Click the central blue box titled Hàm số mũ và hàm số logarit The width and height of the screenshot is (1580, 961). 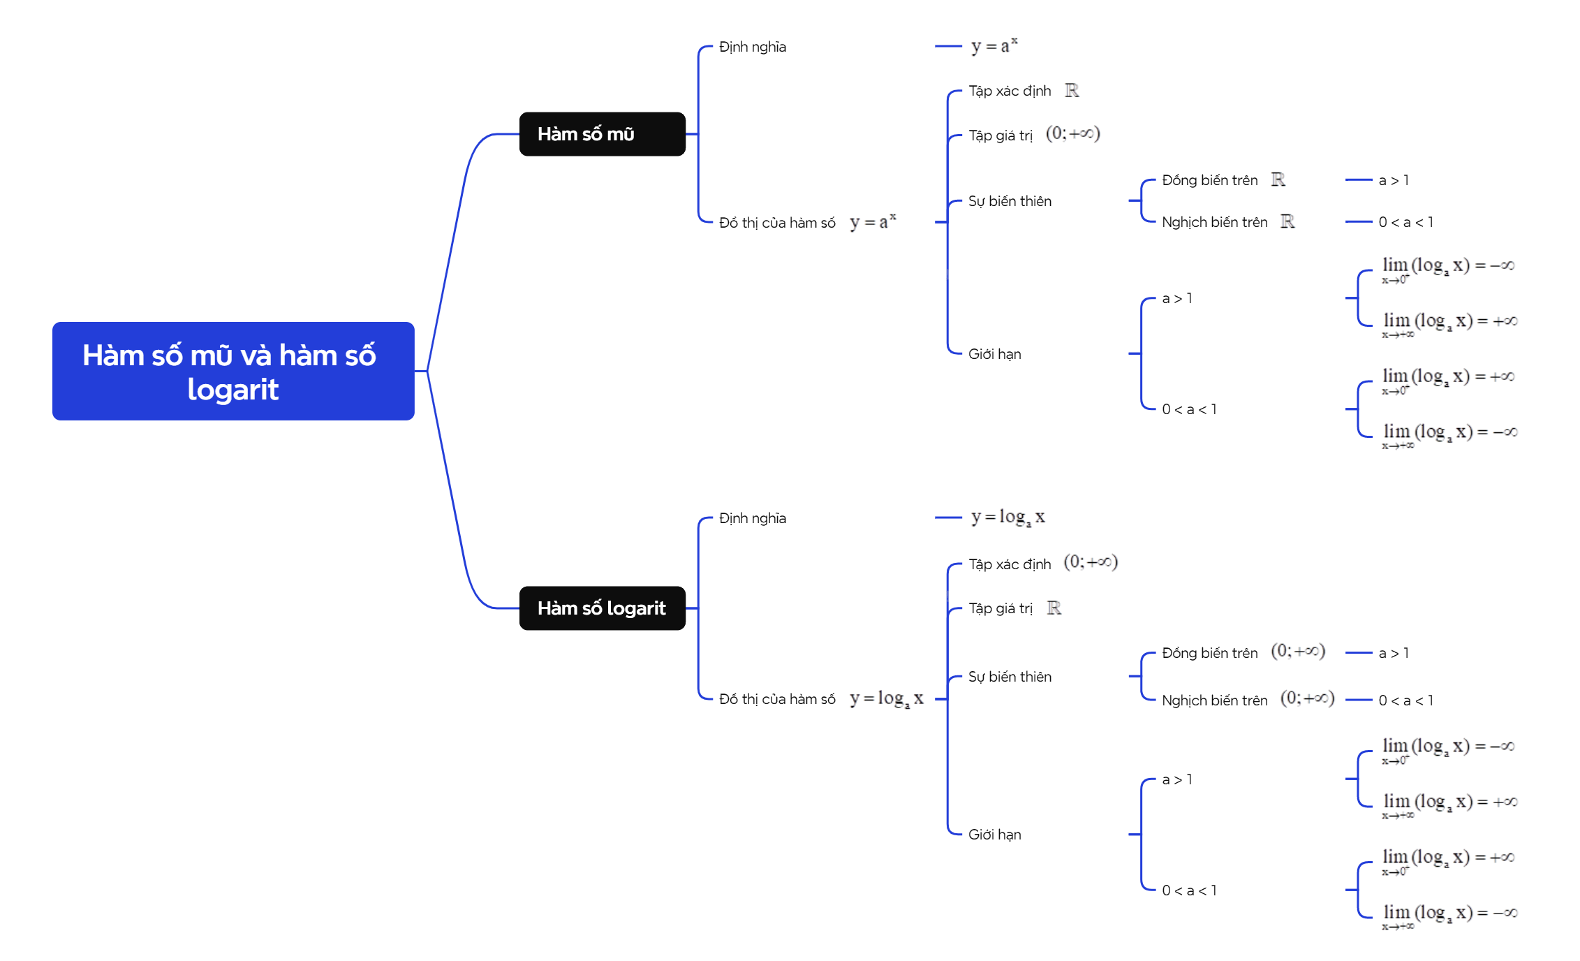233,371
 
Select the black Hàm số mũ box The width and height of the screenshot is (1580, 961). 602,134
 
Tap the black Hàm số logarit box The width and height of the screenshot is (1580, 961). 602,608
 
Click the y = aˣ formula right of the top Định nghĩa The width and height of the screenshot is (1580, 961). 994,46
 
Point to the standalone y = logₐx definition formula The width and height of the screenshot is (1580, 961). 1007,518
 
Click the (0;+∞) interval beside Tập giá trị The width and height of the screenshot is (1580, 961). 1072,133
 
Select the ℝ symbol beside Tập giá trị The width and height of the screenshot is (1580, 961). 1054,608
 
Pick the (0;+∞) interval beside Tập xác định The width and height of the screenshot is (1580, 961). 1091,562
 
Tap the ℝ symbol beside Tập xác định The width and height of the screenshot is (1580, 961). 1072,91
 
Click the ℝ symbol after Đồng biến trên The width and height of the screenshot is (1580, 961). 1278,180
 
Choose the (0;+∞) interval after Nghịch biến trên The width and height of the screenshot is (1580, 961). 1307,698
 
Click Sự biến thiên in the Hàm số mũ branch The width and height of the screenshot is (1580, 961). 1010,201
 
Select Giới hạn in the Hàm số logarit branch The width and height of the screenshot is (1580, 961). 994,835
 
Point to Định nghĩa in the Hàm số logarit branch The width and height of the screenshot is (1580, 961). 752,518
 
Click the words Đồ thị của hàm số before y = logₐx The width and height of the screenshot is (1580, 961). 777,699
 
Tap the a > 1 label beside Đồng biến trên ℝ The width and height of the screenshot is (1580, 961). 1394,180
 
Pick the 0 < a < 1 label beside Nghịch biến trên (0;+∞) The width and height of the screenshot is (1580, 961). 1405,700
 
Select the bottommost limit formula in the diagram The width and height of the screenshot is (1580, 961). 1449,915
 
